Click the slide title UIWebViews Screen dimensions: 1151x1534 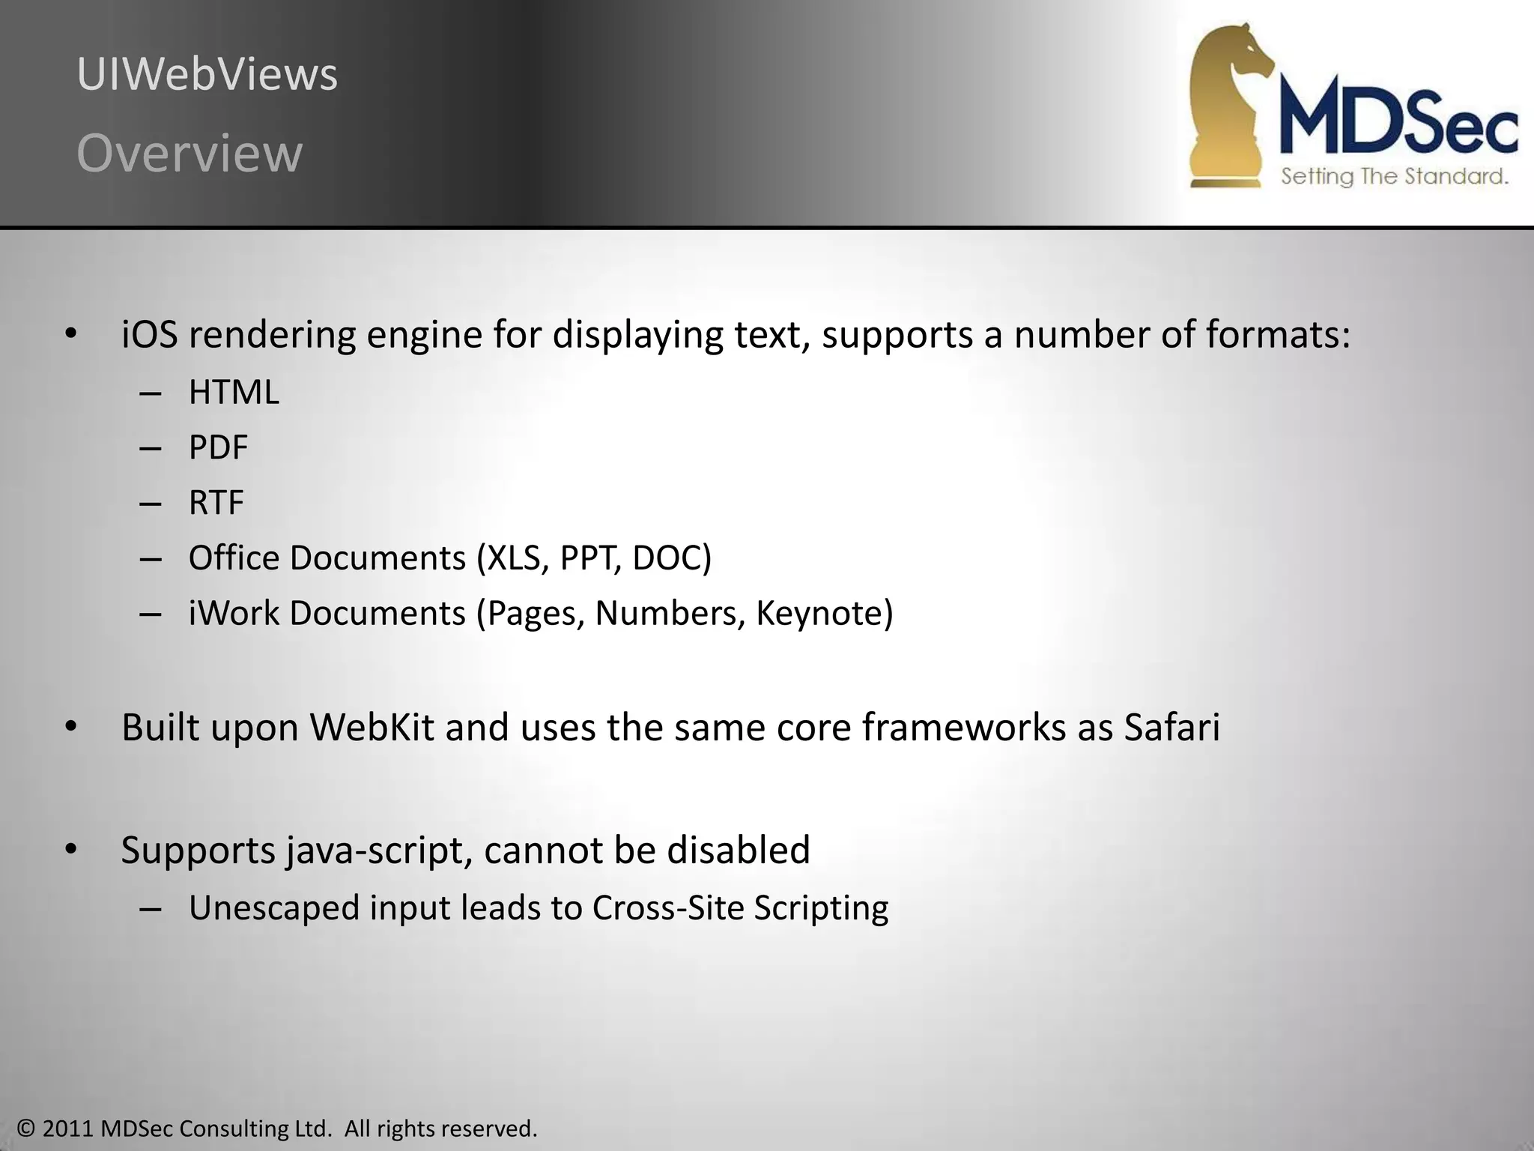[x=207, y=75]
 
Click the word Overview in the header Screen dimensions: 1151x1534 [x=190, y=154]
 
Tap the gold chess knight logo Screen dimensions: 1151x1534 [x=1228, y=105]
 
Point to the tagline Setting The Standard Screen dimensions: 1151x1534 [x=1394, y=177]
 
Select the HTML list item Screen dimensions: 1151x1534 [x=234, y=393]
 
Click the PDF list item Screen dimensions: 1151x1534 [x=218, y=448]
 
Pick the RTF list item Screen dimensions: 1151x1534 [x=216, y=503]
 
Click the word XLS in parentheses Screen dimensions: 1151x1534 [x=515, y=558]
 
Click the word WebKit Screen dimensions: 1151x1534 [x=372, y=728]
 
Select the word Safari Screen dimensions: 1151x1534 [x=1172, y=728]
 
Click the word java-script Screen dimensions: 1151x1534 [x=379, y=851]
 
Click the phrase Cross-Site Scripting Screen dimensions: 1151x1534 [x=740, y=908]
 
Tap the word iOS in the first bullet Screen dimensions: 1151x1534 [x=150, y=334]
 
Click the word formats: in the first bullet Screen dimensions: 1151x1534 [x=1278, y=334]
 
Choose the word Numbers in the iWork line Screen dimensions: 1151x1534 [x=670, y=614]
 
